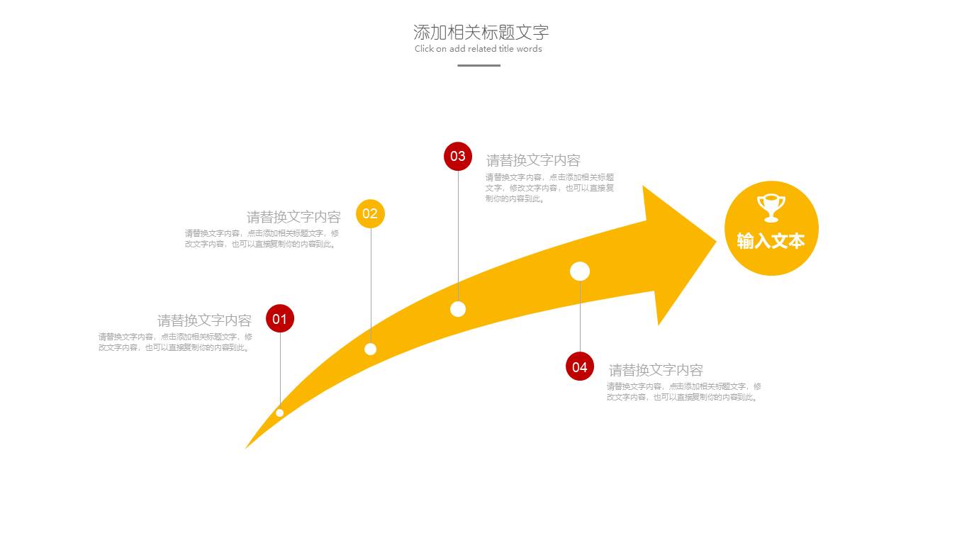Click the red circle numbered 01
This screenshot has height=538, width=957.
280,319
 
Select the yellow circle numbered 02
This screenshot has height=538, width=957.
370,213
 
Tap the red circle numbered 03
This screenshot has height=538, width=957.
458,157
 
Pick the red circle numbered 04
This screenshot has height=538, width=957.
580,366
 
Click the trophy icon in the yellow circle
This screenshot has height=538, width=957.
771,208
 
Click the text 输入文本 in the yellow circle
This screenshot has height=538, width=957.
771,241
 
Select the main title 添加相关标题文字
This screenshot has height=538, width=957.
481,32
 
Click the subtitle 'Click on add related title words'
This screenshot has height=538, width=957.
478,49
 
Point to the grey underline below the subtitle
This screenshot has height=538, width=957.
478,65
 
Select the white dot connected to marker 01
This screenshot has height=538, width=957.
280,413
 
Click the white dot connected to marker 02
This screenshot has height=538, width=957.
370,349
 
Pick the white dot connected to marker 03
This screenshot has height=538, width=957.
458,309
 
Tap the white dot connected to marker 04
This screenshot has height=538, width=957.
580,271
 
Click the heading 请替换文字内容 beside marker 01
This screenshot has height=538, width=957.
204,320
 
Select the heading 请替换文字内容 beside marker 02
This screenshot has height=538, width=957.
293,217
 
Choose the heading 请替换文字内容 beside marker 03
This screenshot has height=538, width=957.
533,160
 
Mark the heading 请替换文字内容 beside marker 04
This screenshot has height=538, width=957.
656,370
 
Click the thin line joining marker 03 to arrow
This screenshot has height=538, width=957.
458,234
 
